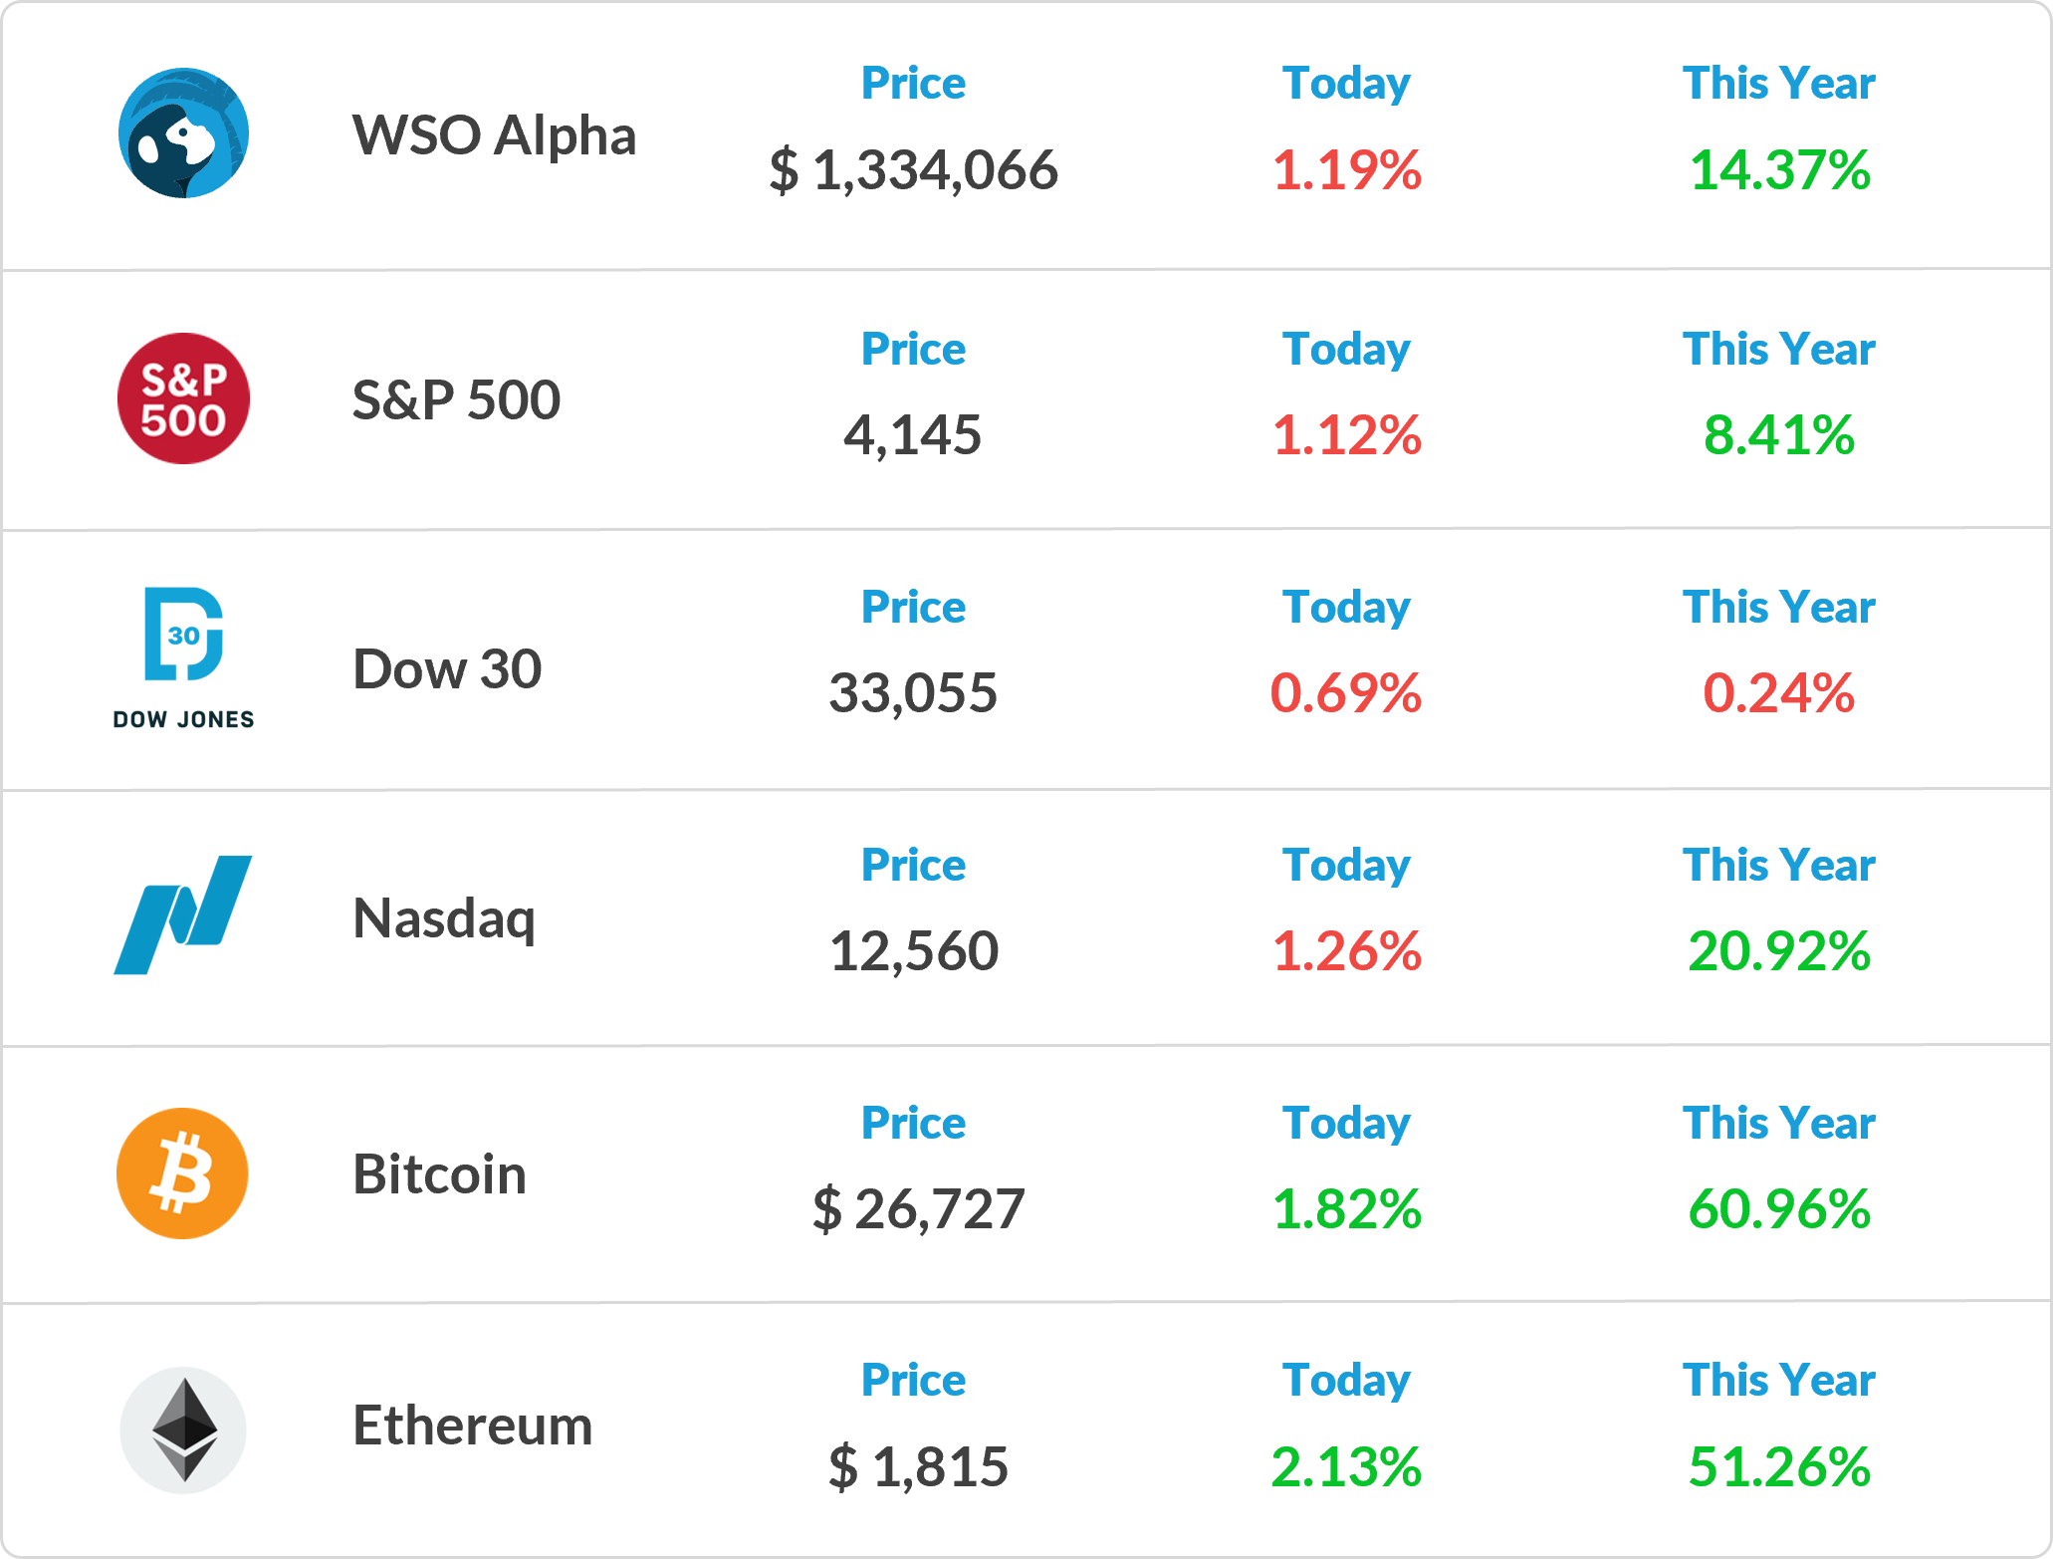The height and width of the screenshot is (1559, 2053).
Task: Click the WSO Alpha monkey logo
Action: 183,133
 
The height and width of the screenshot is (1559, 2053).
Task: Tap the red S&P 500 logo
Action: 183,398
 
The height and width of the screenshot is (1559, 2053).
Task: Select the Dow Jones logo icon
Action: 183,658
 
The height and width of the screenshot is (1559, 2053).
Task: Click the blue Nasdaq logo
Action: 183,914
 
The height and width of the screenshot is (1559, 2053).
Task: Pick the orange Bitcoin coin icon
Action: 182,1173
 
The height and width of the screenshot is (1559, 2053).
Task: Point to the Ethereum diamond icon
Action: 183,1429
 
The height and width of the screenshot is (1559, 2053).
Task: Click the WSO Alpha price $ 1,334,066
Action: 913,170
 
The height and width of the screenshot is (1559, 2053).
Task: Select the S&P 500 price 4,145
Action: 913,435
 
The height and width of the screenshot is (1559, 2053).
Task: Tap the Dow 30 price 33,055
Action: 913,693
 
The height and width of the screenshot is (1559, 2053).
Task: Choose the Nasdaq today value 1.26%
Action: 1347,951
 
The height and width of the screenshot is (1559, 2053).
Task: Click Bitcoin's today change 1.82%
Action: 1347,1209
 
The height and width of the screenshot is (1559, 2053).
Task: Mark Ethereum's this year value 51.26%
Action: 1779,1466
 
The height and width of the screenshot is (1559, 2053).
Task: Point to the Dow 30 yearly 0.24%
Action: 1779,693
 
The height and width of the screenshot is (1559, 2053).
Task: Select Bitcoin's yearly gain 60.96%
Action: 1779,1209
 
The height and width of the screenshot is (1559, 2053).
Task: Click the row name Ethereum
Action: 473,1426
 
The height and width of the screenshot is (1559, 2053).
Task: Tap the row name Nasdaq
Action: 445,919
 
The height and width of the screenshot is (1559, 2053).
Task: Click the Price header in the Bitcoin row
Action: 913,1123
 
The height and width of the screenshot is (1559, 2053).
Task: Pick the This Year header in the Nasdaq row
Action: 1779,865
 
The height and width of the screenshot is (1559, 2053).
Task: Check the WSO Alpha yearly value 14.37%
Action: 1779,170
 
